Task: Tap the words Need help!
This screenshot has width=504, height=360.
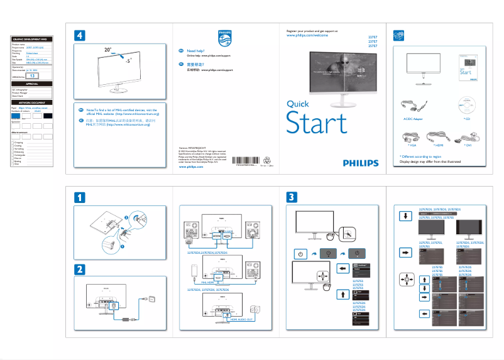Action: [x=196, y=50]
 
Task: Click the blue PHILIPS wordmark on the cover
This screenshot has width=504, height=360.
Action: [x=361, y=163]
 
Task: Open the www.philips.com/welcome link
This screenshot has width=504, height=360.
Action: [x=307, y=36]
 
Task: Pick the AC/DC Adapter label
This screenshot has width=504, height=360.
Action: [x=413, y=118]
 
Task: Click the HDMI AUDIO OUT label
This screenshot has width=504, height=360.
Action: [x=241, y=320]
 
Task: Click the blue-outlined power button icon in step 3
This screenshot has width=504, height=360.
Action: [x=300, y=254]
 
